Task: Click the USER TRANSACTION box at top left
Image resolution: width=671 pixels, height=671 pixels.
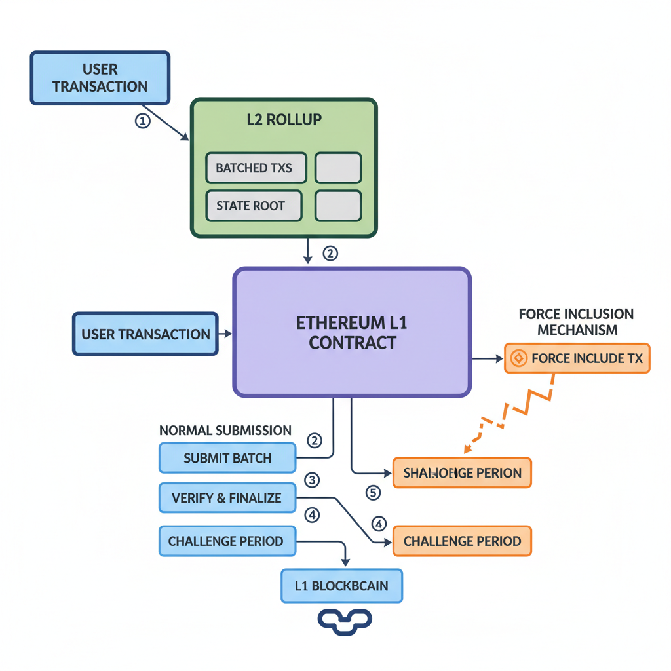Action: [x=100, y=78]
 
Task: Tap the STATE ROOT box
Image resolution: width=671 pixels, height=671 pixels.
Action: [x=254, y=206]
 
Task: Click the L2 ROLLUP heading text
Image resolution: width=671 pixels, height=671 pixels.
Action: [x=284, y=121]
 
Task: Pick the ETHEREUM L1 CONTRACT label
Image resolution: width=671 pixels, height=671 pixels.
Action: [x=353, y=332]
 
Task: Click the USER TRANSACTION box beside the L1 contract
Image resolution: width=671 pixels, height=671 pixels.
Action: [x=145, y=334]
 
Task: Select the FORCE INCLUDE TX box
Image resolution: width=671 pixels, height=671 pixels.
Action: [x=577, y=358]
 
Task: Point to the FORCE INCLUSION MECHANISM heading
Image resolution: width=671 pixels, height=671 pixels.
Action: [x=576, y=322]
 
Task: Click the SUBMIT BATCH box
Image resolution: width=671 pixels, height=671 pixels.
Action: [x=227, y=458]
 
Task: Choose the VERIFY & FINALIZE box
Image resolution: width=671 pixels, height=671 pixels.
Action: [x=227, y=498]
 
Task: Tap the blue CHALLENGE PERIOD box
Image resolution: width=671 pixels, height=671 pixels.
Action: [x=226, y=541]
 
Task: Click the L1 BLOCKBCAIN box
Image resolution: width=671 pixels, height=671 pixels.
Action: [x=341, y=586]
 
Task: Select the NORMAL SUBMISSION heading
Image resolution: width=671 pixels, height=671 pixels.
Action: [x=225, y=431]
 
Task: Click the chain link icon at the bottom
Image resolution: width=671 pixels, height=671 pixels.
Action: [x=345, y=622]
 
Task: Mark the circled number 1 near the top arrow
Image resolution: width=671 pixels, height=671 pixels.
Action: [x=142, y=121]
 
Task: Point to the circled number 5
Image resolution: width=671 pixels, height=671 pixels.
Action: [x=373, y=492]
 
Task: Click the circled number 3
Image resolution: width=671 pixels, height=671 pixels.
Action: [x=313, y=480]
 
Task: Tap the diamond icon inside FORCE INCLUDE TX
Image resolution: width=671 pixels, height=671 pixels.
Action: [x=518, y=358]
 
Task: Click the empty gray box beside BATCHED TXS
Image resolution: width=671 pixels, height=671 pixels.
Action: [x=338, y=168]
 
